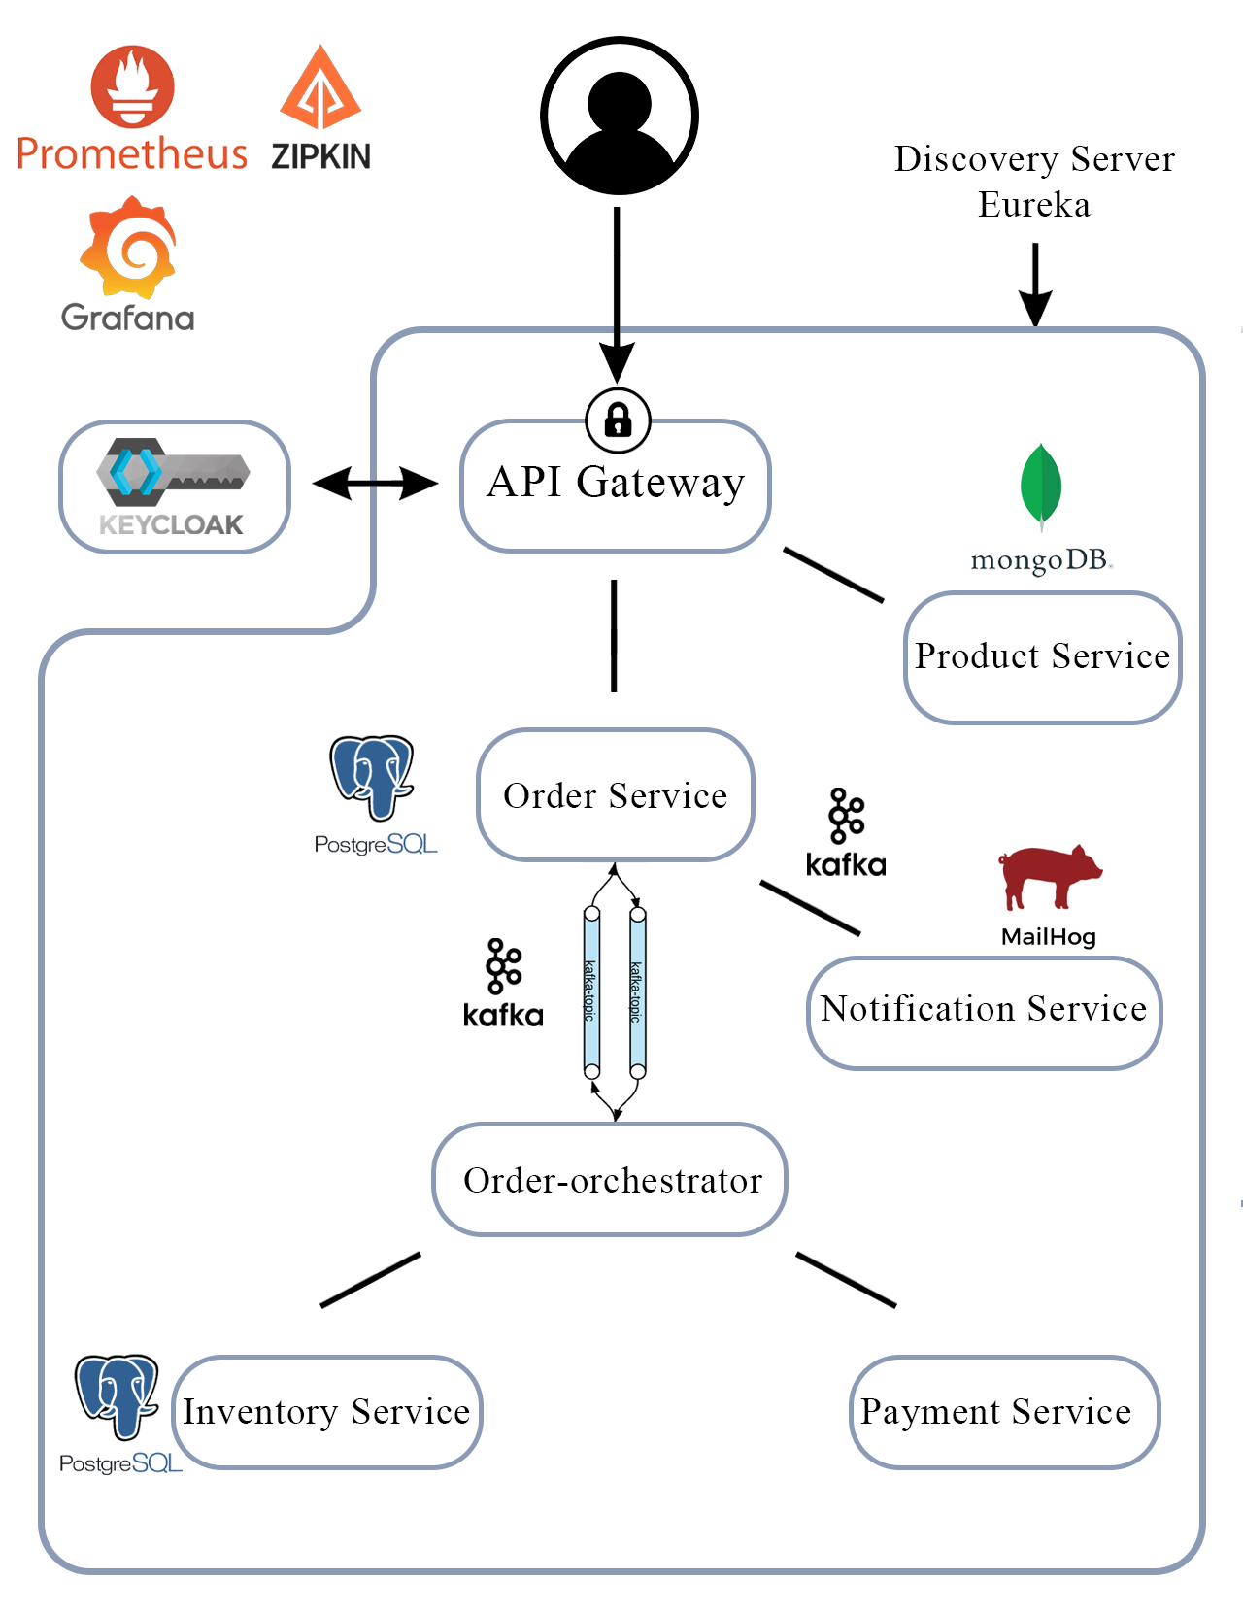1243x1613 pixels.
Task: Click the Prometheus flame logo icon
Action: click(133, 86)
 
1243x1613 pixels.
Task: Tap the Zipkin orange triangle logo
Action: click(320, 89)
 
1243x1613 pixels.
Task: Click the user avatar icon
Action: click(620, 116)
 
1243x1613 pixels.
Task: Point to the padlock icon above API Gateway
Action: click(618, 420)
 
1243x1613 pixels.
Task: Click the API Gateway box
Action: click(616, 486)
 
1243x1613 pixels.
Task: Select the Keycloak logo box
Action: click(175, 487)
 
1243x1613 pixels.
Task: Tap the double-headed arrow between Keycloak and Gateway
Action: click(375, 483)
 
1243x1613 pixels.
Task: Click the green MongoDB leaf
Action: click(1041, 485)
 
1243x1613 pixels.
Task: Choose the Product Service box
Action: click(1042, 657)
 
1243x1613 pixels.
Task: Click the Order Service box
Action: click(616, 795)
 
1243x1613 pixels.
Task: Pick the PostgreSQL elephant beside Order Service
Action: click(373, 777)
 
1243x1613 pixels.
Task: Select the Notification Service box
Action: click(984, 1012)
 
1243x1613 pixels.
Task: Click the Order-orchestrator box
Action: click(610, 1180)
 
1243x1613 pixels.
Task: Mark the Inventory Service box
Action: click(327, 1412)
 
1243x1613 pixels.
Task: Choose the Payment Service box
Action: click(1004, 1412)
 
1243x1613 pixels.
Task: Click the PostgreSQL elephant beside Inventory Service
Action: click(118, 1395)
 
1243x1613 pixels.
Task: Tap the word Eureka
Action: click(1033, 205)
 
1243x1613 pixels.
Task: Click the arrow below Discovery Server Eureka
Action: click(1035, 284)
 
